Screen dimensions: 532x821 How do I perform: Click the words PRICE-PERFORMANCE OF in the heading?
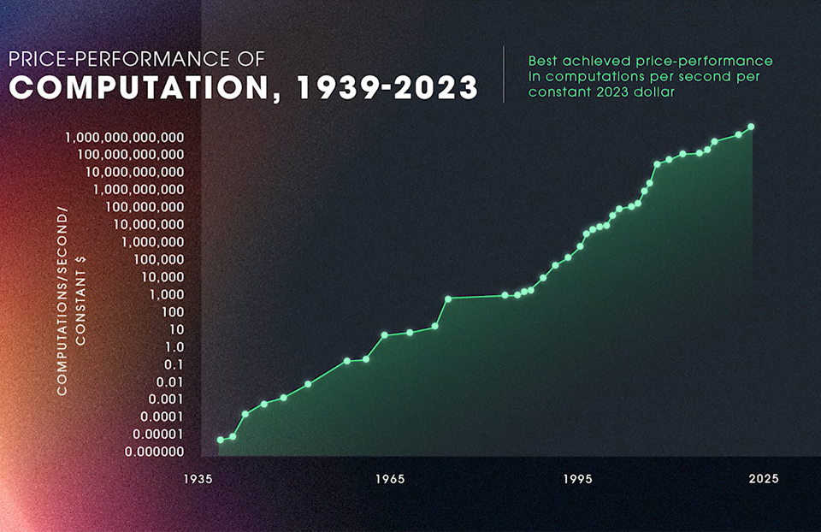pos(136,59)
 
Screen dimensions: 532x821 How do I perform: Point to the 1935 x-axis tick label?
pos(198,479)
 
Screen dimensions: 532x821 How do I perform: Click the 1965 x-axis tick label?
pos(389,479)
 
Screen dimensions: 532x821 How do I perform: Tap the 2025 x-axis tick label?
pos(763,479)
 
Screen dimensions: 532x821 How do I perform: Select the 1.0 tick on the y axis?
pos(174,347)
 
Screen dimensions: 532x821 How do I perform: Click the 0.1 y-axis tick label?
pos(174,364)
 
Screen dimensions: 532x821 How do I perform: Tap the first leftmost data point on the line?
pos(221,440)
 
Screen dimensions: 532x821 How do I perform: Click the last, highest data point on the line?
pos(751,127)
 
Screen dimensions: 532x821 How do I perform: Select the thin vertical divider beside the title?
pos(504,74)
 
